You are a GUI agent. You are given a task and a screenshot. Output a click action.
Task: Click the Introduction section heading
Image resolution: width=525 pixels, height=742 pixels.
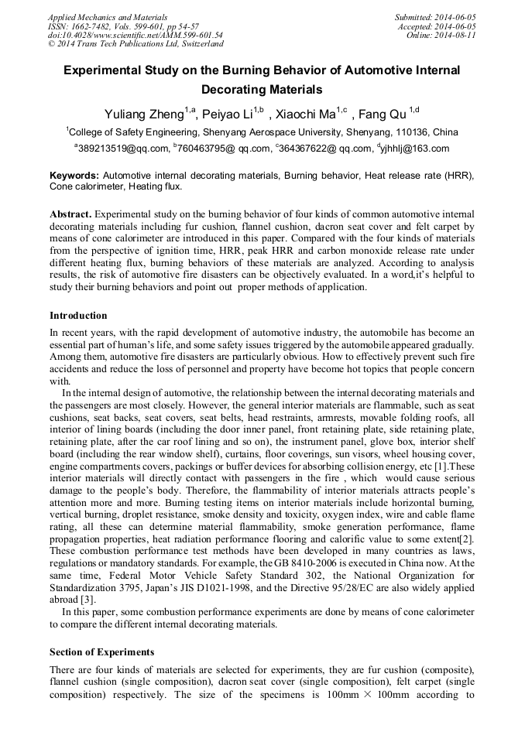(x=78, y=316)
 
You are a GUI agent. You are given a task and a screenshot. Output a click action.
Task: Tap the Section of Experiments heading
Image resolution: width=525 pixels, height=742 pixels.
(x=101, y=651)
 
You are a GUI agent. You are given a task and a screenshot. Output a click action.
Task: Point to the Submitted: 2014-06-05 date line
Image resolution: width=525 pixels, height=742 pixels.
(x=436, y=16)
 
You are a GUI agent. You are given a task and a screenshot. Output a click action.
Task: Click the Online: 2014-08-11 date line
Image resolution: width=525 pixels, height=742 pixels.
(x=441, y=35)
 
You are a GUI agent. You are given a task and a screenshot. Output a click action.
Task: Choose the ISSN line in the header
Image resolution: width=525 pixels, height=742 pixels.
(x=123, y=26)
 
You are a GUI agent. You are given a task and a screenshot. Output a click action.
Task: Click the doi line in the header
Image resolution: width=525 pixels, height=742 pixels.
(x=136, y=35)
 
